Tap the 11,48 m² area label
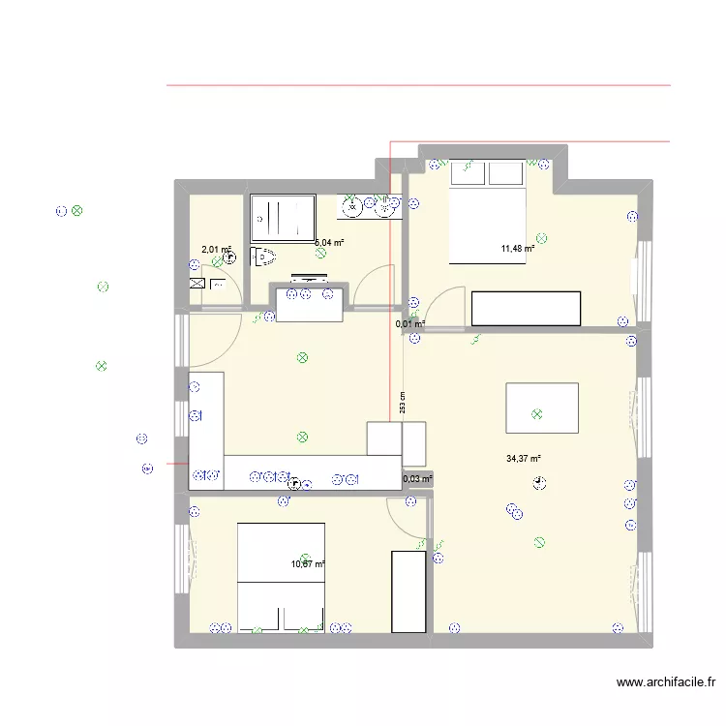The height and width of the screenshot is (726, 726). tap(518, 249)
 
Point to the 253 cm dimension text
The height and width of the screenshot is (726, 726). tap(402, 403)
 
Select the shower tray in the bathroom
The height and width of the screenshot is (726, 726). tap(284, 219)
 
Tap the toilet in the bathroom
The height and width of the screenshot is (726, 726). tap(263, 257)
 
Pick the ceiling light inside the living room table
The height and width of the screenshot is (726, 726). tap(535, 414)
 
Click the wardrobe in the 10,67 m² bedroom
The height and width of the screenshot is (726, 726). tap(407, 590)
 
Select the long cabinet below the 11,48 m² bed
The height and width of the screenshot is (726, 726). tap(527, 308)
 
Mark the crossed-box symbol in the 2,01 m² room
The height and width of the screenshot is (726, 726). tap(197, 284)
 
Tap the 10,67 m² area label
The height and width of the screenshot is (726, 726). tap(308, 564)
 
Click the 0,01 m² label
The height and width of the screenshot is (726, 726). tap(410, 324)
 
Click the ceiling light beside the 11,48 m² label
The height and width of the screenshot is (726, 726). tap(542, 237)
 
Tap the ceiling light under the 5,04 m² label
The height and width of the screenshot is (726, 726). tap(320, 254)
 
